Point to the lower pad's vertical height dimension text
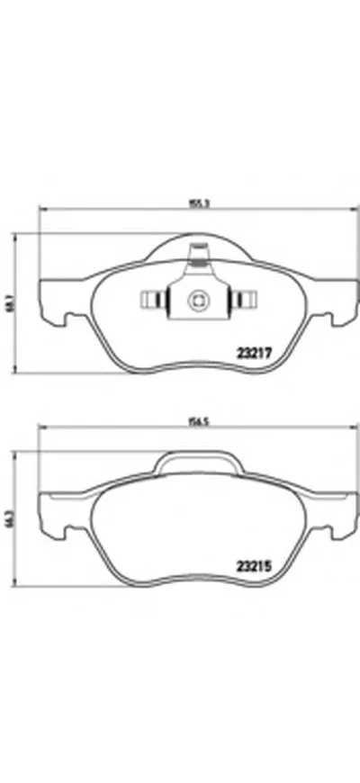10,518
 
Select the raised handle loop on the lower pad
197,461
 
